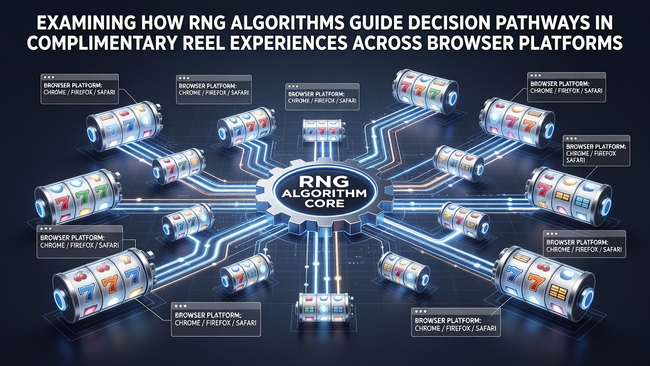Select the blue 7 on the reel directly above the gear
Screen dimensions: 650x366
coord(311,131)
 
